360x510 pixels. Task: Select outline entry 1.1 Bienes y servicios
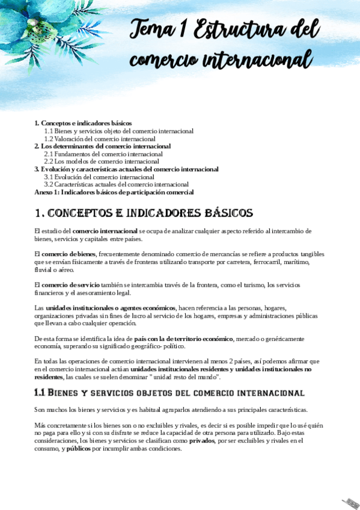[x=118, y=131]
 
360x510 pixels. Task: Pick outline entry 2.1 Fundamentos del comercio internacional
[x=103, y=154]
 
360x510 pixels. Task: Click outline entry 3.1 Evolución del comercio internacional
[x=95, y=177]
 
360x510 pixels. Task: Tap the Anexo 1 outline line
[x=114, y=192]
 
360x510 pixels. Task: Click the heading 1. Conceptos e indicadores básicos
[x=144, y=214]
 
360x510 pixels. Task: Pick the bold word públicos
[x=79, y=448]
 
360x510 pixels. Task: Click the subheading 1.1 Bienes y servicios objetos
[x=169, y=393]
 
